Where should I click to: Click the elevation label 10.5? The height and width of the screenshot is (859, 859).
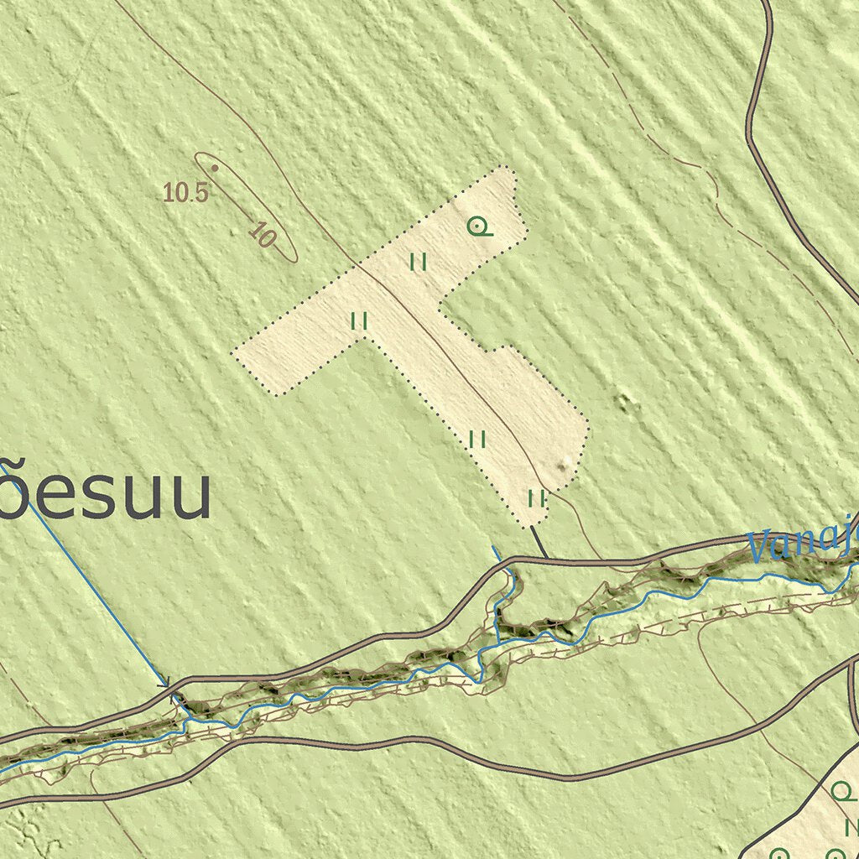point(185,193)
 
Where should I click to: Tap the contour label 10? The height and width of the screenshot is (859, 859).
point(263,235)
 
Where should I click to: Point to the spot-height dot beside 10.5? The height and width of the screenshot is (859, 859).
point(215,168)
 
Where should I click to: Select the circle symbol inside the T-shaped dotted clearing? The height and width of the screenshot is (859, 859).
point(478,226)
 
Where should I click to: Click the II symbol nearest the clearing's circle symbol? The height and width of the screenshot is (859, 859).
point(419,263)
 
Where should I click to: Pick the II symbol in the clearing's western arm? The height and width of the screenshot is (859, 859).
point(360,320)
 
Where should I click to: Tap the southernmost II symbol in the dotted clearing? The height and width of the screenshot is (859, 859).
point(537,498)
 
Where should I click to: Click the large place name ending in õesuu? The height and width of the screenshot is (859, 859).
point(105,497)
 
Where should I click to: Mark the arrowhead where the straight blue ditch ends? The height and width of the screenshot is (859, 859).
point(169,684)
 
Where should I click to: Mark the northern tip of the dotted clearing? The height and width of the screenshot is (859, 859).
point(507,167)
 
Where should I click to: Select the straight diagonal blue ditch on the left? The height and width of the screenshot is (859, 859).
point(92,587)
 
